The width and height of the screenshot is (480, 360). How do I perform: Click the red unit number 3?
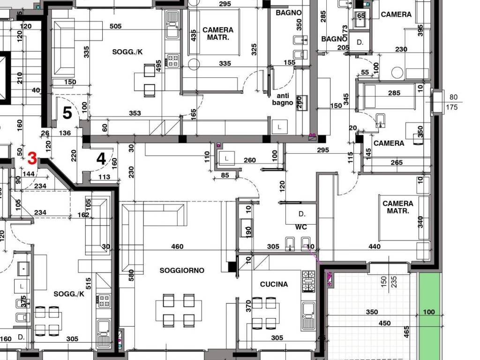pyautogui.click(x=32, y=158)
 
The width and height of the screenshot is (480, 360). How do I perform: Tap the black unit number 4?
pyautogui.click(x=101, y=159)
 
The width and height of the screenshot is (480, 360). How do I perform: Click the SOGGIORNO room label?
pyautogui.click(x=182, y=270)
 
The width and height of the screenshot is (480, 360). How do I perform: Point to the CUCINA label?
pyautogui.click(x=274, y=285)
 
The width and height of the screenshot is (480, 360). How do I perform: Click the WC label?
pyautogui.click(x=301, y=227)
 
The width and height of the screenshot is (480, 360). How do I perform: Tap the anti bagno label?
pyautogui.click(x=283, y=99)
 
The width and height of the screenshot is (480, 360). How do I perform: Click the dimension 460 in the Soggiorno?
pyautogui.click(x=177, y=247)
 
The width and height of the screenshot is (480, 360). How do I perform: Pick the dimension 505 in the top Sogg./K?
pyautogui.click(x=115, y=26)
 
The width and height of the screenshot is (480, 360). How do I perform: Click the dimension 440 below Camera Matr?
pyautogui.click(x=375, y=247)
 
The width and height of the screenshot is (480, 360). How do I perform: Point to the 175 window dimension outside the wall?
pyautogui.click(x=452, y=107)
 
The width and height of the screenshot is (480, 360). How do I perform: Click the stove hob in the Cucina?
pyautogui.click(x=308, y=281)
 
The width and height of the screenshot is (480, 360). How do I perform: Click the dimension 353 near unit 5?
pyautogui.click(x=135, y=113)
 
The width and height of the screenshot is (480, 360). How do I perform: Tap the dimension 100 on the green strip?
pyautogui.click(x=429, y=312)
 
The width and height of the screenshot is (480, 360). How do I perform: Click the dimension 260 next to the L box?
pyautogui.click(x=249, y=160)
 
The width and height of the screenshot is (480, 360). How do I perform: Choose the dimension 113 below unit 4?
pyautogui.click(x=104, y=177)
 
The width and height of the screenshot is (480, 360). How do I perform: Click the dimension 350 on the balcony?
pyautogui.click(x=372, y=312)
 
